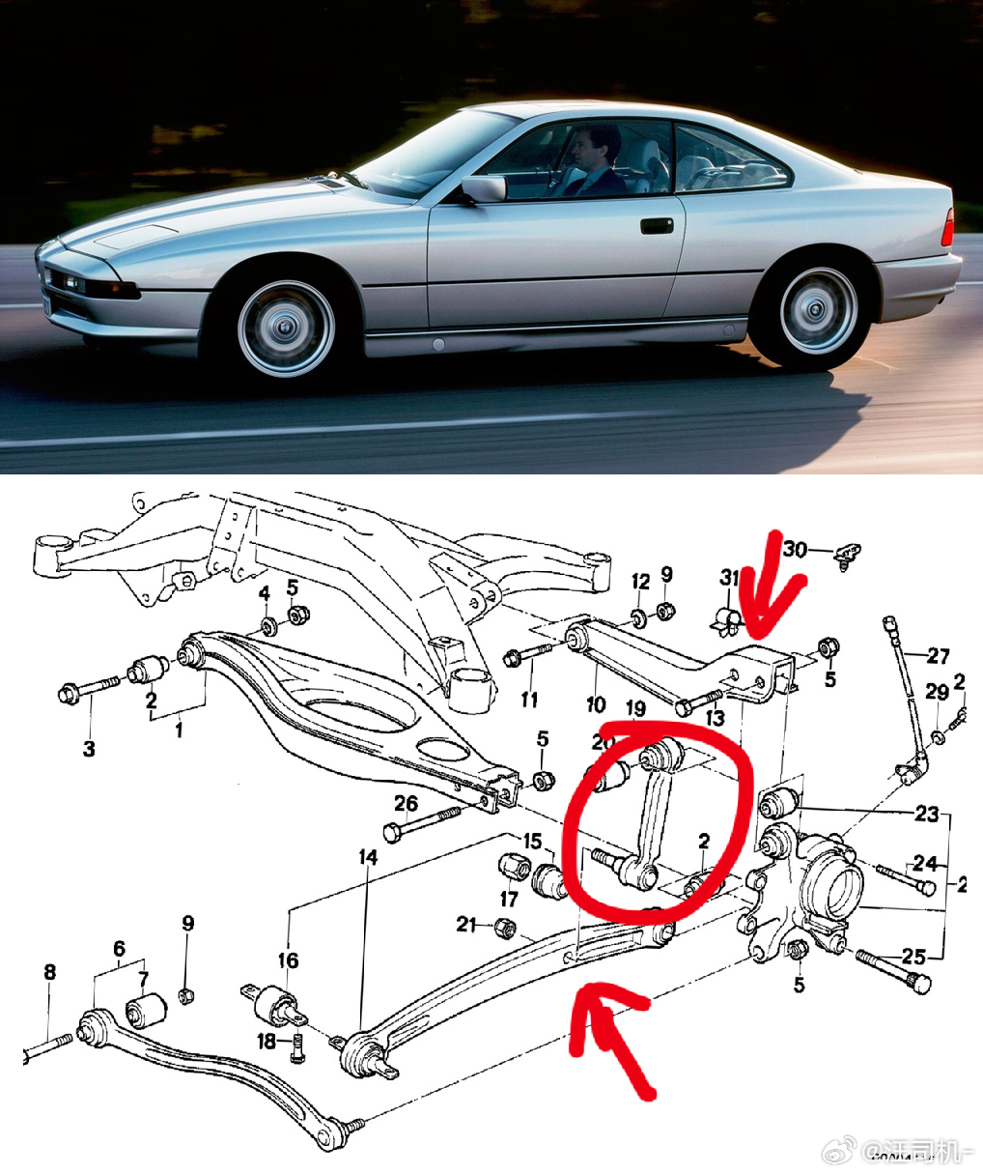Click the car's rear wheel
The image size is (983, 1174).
[817, 310]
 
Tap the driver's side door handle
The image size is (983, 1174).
[656, 226]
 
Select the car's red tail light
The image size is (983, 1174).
[950, 228]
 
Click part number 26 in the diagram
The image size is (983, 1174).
[406, 803]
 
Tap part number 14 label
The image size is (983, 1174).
[368, 857]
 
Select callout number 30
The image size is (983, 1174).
[795, 549]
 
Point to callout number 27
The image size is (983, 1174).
[938, 656]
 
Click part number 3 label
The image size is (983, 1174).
[89, 748]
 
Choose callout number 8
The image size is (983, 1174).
[50, 973]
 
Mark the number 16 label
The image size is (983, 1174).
[289, 959]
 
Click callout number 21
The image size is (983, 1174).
[466, 925]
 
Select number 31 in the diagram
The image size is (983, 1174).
[729, 578]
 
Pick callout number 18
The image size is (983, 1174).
[267, 1041]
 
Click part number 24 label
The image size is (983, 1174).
[925, 862]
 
